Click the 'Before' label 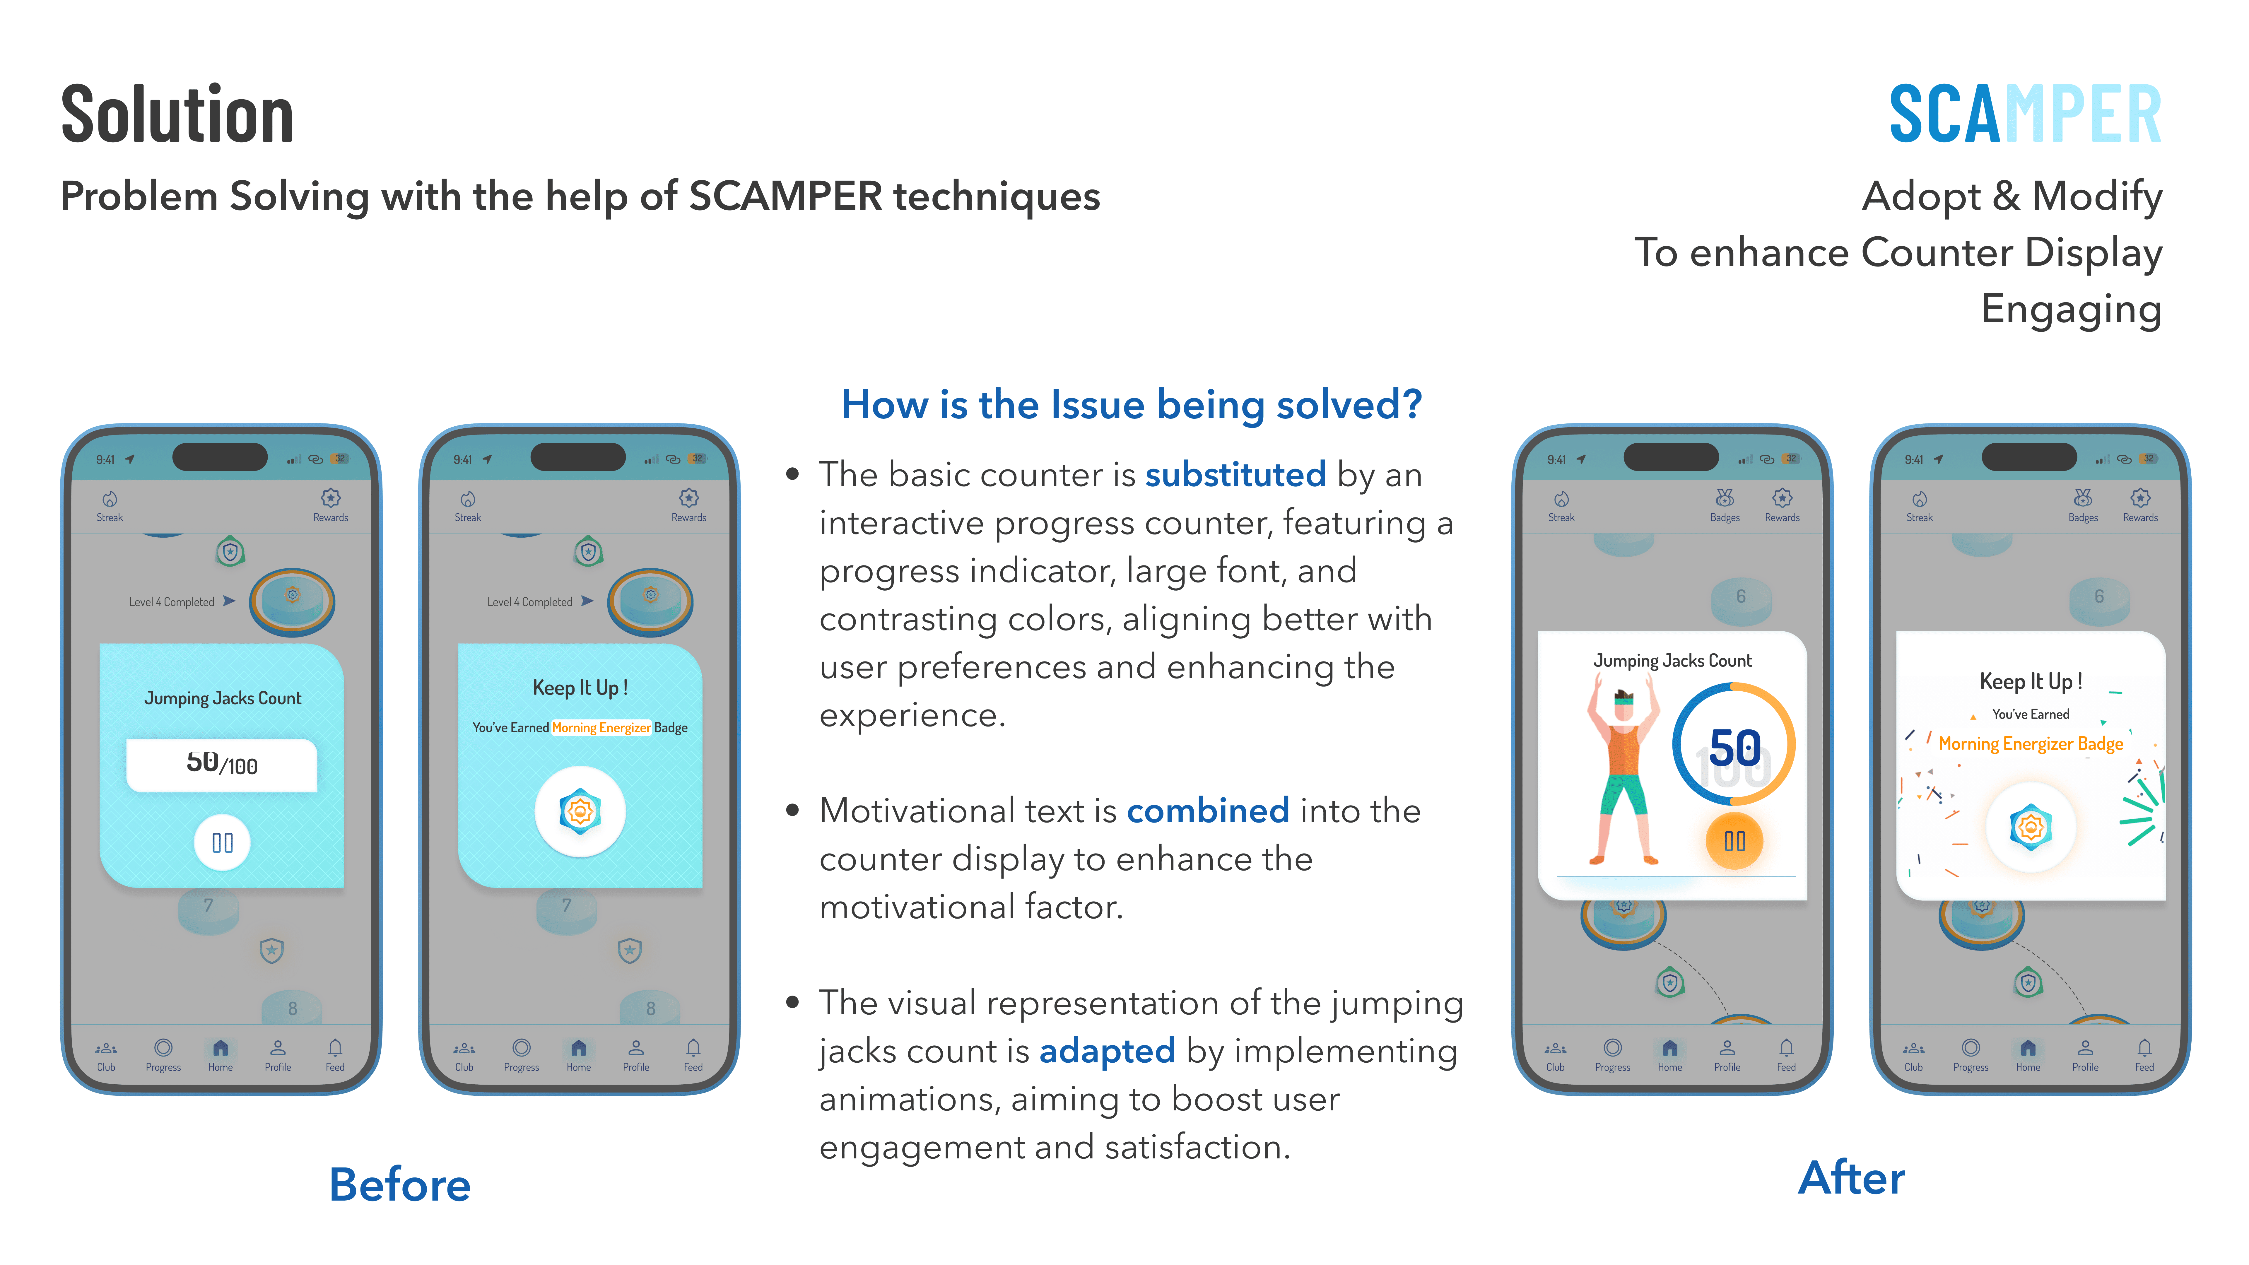tap(400, 1185)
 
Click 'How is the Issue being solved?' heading tap(1132, 405)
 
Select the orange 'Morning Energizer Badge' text tap(2030, 744)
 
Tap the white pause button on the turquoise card tap(222, 842)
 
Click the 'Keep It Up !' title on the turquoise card tap(580, 688)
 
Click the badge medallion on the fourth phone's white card tap(2030, 827)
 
